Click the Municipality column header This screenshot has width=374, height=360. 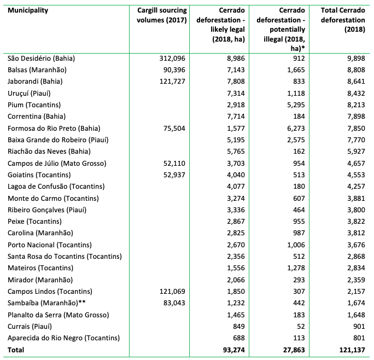(28, 10)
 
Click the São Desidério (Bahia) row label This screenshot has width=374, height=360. (41, 58)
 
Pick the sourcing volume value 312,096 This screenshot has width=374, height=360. (171, 58)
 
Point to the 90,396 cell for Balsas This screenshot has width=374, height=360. (173, 69)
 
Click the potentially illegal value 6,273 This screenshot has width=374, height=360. (293, 128)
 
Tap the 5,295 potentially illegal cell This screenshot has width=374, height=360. (293, 104)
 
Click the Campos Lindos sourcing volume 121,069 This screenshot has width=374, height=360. (171, 291)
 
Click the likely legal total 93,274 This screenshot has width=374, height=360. (232, 350)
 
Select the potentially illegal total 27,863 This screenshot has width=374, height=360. (291, 350)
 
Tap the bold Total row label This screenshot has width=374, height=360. (16, 350)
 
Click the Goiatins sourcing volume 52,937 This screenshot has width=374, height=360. (173, 175)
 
